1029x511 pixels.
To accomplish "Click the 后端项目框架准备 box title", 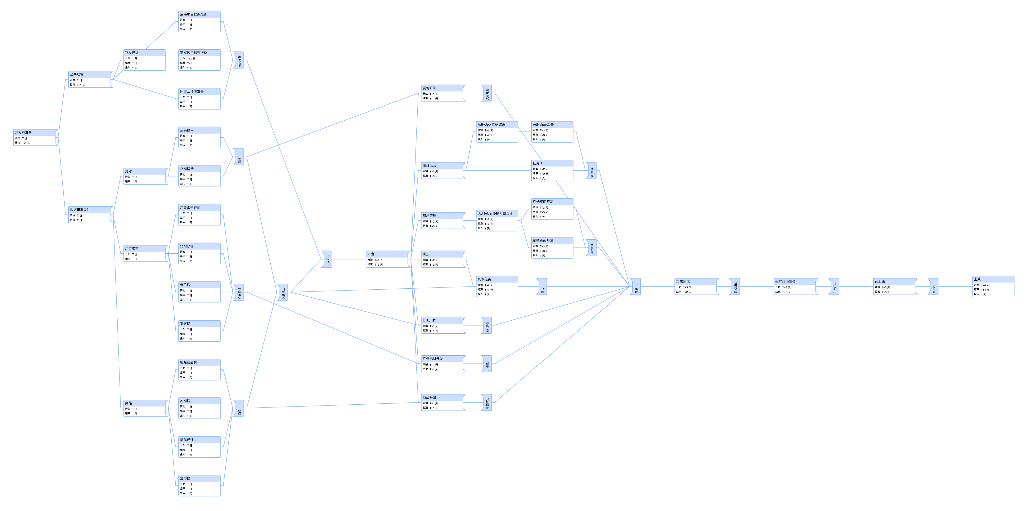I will click(193, 14).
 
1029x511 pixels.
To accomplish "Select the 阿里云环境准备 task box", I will click(199, 99).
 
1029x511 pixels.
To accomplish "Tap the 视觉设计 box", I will click(144, 60).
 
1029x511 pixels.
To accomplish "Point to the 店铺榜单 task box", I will click(199, 137).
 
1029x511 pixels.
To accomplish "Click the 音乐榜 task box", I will click(199, 292).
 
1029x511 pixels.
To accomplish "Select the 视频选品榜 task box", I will click(199, 370).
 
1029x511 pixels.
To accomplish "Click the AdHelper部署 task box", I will click(552, 132).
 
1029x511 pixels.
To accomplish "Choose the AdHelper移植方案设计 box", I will click(497, 220).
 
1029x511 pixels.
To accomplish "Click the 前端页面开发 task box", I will click(552, 247).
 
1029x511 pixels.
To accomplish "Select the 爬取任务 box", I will click(497, 286).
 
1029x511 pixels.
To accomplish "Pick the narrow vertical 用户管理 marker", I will click(591, 248).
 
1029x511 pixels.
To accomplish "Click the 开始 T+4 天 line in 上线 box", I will click(982, 285).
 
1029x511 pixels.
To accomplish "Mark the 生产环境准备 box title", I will click(785, 282).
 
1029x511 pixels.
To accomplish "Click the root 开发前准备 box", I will click(35, 137).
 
